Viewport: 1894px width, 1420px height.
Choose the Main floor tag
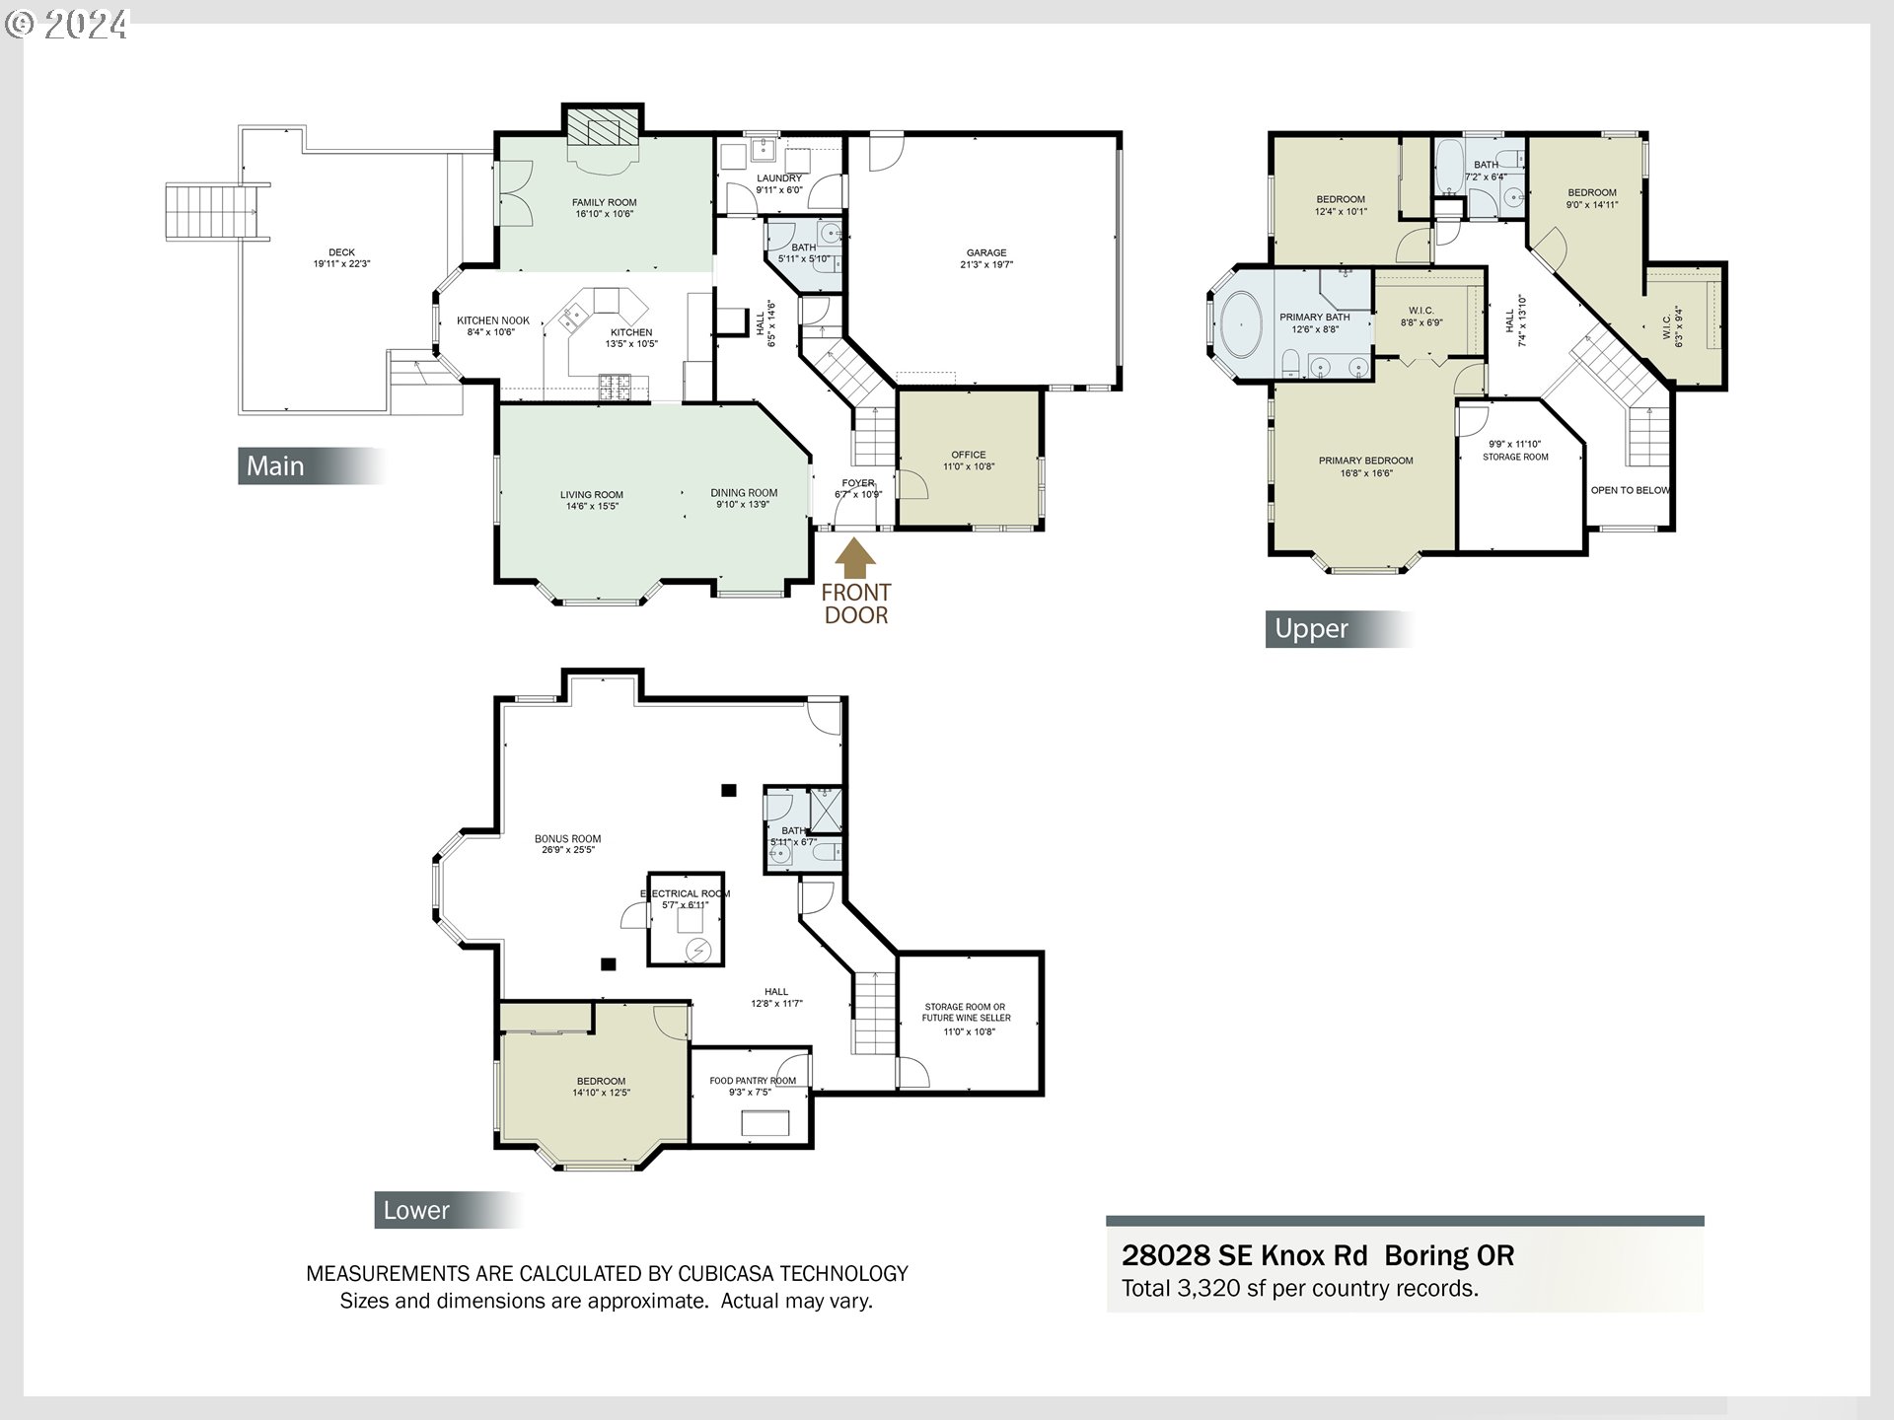click(x=312, y=465)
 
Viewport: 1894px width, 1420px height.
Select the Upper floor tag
click(x=1339, y=628)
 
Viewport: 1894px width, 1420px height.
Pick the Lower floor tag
click(x=448, y=1210)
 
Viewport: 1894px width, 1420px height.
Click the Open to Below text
click(x=1631, y=490)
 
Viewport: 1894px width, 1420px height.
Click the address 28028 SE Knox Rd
click(x=1245, y=1255)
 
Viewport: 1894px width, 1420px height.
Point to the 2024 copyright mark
click(x=66, y=24)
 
